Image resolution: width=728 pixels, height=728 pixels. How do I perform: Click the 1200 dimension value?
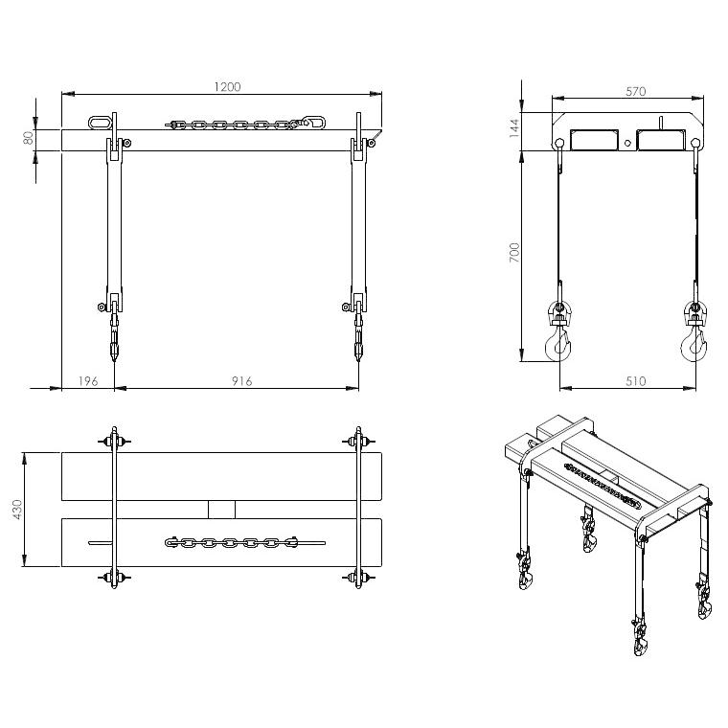coord(227,86)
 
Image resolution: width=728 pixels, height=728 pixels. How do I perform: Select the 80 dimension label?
coord(28,137)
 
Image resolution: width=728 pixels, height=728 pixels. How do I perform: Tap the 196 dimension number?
coord(87,381)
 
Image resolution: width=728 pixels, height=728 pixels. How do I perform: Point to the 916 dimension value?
coord(241,381)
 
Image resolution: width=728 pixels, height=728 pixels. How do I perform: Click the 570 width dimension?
coord(635,91)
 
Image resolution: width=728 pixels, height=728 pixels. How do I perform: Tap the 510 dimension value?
coord(635,381)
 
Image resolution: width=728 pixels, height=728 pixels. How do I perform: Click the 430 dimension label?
coord(16,509)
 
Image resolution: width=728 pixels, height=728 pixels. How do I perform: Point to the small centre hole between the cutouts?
coord(627,143)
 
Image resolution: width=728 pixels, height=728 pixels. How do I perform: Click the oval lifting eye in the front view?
coord(99,123)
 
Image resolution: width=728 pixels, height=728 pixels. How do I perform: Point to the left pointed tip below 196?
coord(115,356)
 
